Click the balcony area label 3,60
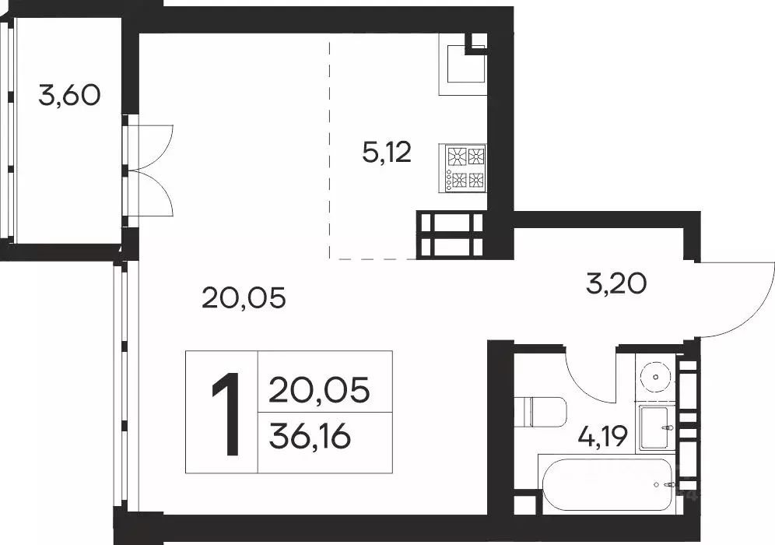point(69,96)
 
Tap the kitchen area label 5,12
point(386,153)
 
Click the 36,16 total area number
point(309,438)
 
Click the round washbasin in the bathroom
point(657,377)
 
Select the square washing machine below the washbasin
point(658,427)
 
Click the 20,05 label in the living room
point(244,297)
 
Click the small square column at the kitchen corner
point(475,44)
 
